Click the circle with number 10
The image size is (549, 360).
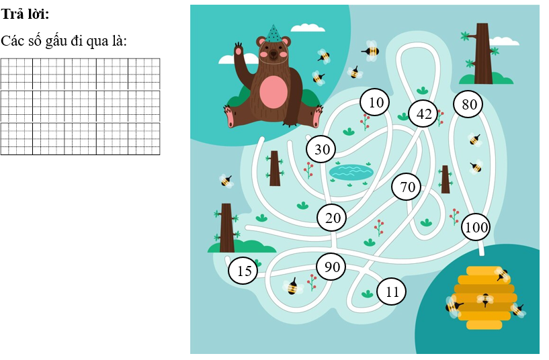(375, 102)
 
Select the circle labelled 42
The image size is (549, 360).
(423, 114)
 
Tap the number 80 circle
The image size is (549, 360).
(468, 104)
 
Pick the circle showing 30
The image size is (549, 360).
(321, 149)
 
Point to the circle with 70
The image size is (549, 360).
(406, 187)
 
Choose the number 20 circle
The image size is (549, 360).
(331, 218)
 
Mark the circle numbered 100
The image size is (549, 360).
(476, 227)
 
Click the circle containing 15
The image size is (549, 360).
(243, 271)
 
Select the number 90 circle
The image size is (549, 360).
(331, 267)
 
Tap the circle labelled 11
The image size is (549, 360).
(392, 291)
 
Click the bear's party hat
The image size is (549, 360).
(273, 34)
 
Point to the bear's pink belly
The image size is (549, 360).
(273, 92)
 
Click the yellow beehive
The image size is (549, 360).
(484, 298)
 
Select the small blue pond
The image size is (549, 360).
(351, 172)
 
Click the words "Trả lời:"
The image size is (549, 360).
(25, 14)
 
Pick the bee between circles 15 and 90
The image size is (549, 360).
(293, 287)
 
